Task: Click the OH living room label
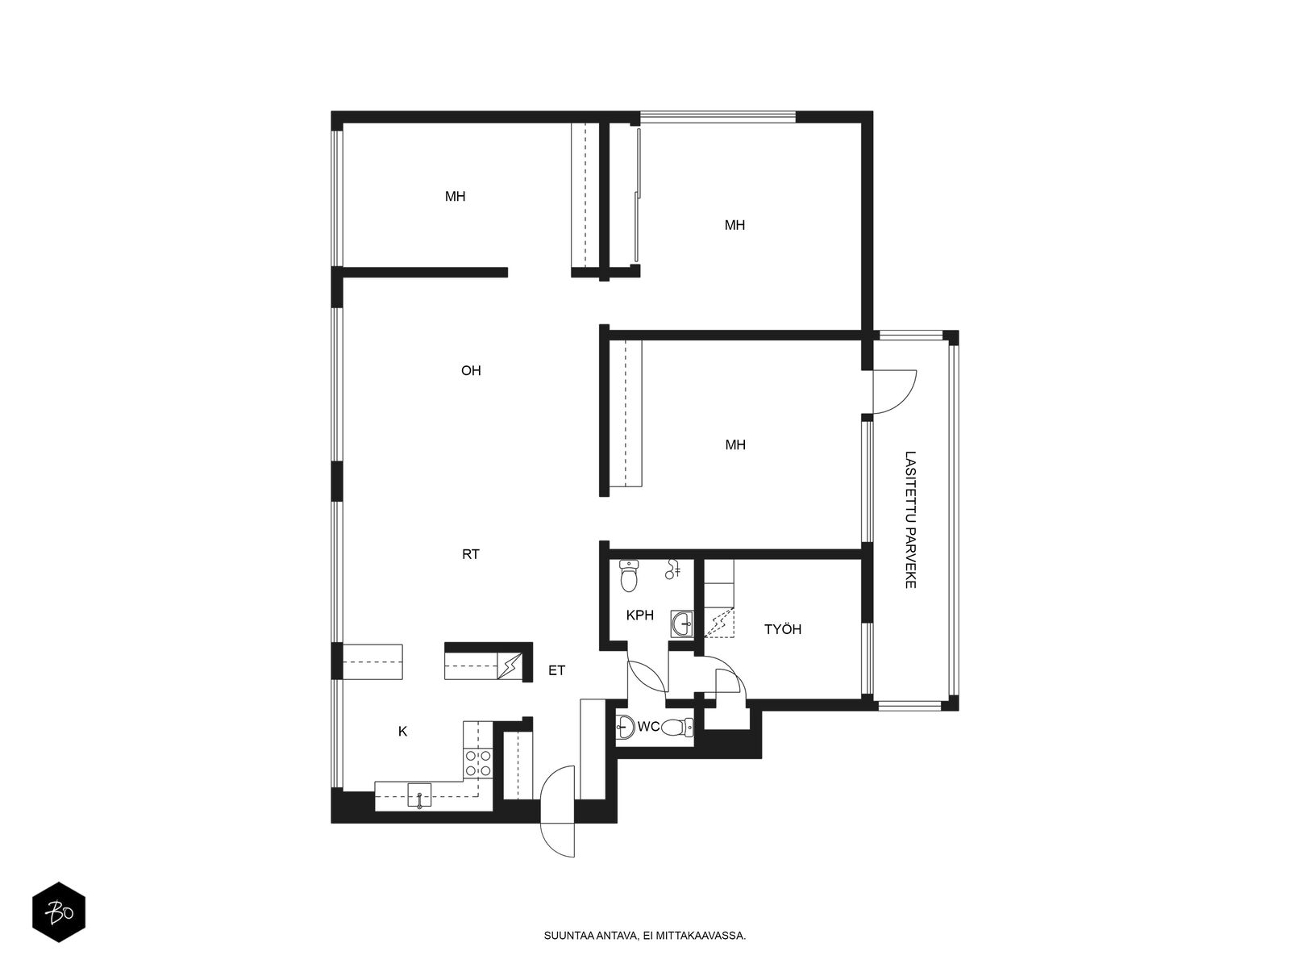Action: click(471, 370)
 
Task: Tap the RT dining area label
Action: click(471, 554)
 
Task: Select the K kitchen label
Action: click(402, 731)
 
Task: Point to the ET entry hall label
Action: click(556, 670)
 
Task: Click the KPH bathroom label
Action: click(640, 615)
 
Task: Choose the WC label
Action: click(649, 727)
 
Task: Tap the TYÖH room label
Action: click(783, 629)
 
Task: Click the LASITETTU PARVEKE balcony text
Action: click(910, 519)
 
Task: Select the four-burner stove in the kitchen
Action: click(478, 763)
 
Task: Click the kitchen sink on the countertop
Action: click(419, 796)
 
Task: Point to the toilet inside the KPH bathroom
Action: click(629, 576)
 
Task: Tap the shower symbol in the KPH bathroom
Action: click(673, 569)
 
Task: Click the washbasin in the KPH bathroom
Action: click(682, 624)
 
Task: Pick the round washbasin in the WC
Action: click(625, 727)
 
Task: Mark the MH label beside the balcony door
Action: click(735, 445)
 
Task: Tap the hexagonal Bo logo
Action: click(59, 912)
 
